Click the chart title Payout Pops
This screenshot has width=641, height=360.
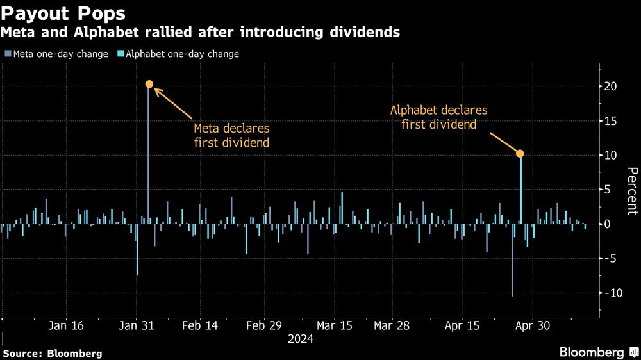tap(63, 13)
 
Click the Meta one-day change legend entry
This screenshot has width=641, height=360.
tap(56, 54)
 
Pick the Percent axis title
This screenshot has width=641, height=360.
tap(631, 190)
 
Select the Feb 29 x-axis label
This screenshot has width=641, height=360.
tap(264, 325)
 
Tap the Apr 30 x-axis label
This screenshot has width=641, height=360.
tap(533, 325)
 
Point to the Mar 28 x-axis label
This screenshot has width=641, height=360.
tap(392, 325)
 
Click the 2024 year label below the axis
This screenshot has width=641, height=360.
tap(300, 339)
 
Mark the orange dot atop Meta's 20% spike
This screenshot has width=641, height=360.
tap(149, 84)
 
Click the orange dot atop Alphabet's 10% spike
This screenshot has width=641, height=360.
tap(520, 153)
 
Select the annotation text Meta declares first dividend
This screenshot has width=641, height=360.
tap(231, 135)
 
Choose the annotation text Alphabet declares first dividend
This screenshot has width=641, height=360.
tap(438, 117)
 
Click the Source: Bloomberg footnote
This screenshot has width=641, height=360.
tap(53, 353)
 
